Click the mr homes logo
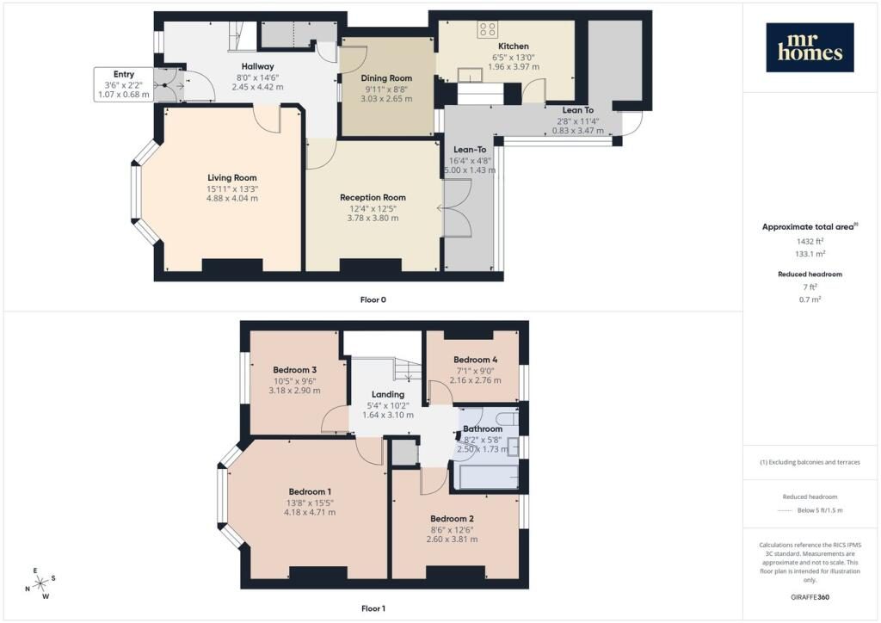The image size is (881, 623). click(810, 47)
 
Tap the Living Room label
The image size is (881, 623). click(232, 177)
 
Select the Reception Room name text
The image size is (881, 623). click(373, 197)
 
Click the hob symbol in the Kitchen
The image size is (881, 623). click(487, 29)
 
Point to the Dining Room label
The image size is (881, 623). click(386, 78)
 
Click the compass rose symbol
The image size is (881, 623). click(40, 583)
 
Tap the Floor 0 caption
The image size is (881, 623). click(373, 299)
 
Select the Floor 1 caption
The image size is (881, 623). click(373, 608)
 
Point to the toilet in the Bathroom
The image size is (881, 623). click(508, 418)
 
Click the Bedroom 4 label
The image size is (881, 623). click(475, 360)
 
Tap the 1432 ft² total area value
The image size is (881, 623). click(810, 241)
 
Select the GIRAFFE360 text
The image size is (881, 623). click(810, 597)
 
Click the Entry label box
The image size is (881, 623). click(124, 84)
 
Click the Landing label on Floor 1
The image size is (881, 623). click(388, 394)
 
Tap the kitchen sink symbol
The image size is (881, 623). click(471, 75)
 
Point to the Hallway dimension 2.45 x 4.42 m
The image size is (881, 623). click(257, 87)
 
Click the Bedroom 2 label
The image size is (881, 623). click(453, 519)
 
